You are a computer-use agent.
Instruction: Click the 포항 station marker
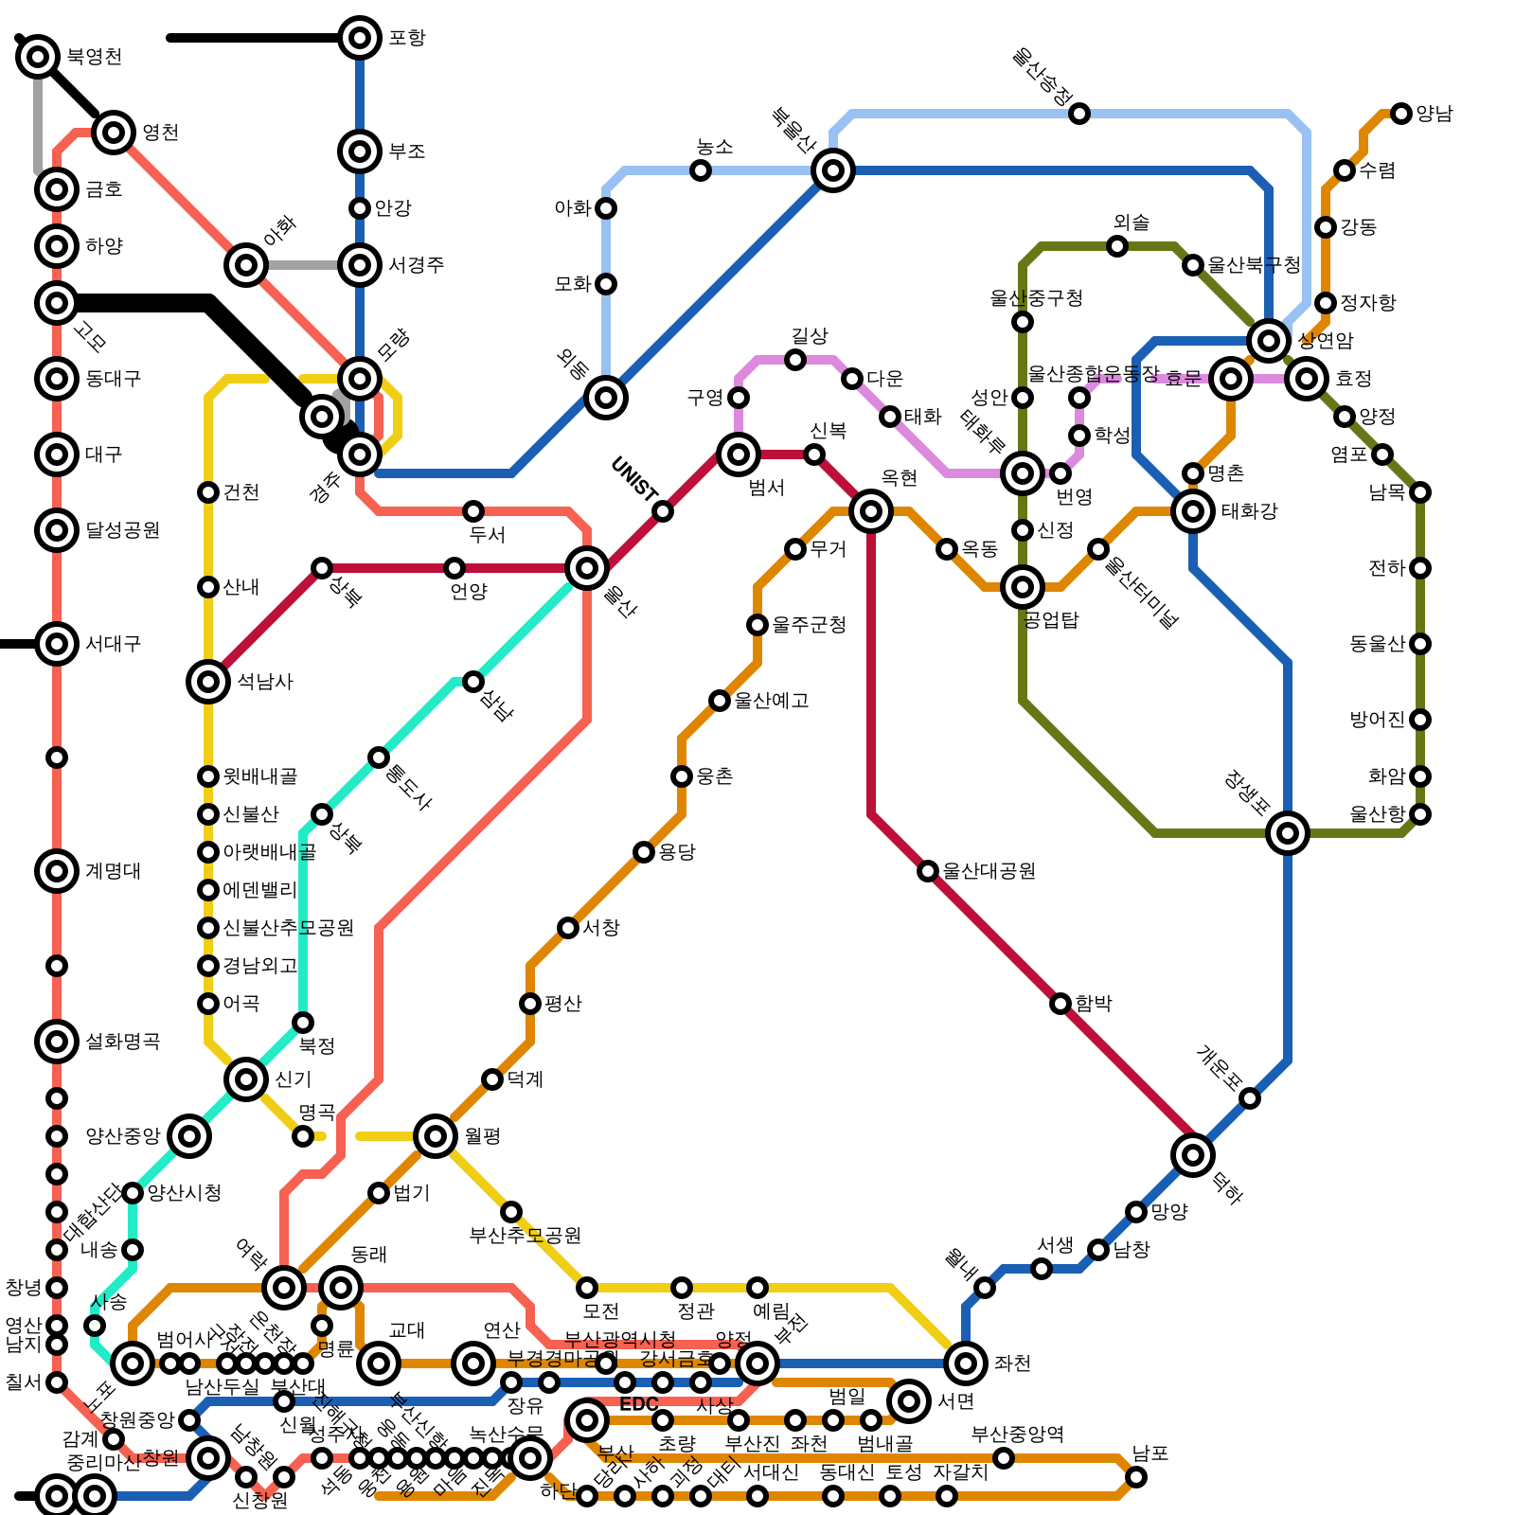pos(360,38)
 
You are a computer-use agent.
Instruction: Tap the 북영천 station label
pos(94,57)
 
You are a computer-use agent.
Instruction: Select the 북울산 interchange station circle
pos(833,170)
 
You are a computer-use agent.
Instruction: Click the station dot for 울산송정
pos(1079,114)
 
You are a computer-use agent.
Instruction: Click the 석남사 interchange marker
pos(208,682)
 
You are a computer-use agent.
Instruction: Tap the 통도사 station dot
pos(379,757)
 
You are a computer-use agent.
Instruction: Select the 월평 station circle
pos(436,1135)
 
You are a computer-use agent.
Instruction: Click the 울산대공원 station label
pos(989,871)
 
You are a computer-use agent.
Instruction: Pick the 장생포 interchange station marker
pos(1288,833)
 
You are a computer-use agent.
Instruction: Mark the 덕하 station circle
pos(1193,1154)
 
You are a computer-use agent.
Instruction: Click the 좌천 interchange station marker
pos(966,1363)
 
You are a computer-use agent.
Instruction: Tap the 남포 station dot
pos(1136,1477)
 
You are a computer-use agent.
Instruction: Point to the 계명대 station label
pos(113,871)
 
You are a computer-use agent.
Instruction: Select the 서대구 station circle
pos(57,644)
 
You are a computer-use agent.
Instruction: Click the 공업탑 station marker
pos(1023,587)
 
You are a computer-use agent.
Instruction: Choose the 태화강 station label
pos(1249,511)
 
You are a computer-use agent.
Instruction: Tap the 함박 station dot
pos(1060,1004)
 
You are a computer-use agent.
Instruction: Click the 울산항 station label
pos(1377,814)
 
